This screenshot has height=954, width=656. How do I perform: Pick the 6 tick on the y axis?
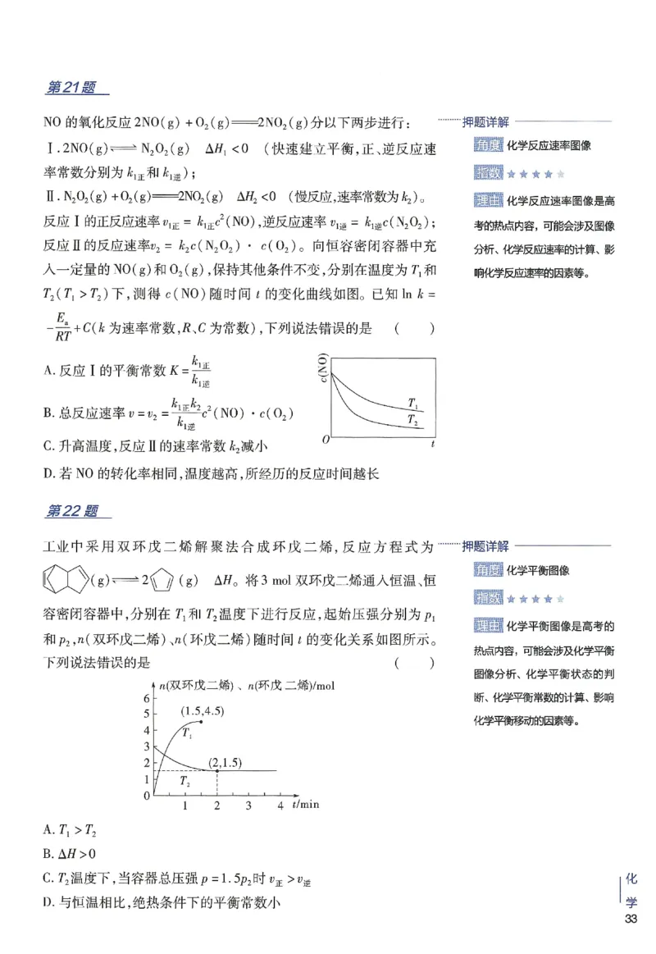(x=146, y=697)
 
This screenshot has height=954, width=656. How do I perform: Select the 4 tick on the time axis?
(x=280, y=806)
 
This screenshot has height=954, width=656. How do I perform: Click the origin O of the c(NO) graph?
(x=326, y=440)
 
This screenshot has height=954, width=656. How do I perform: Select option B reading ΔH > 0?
(x=69, y=854)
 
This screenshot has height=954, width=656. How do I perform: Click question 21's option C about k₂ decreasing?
(x=155, y=446)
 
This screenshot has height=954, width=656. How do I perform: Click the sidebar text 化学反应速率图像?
(x=549, y=146)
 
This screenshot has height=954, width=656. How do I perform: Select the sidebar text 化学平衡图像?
(x=538, y=570)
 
